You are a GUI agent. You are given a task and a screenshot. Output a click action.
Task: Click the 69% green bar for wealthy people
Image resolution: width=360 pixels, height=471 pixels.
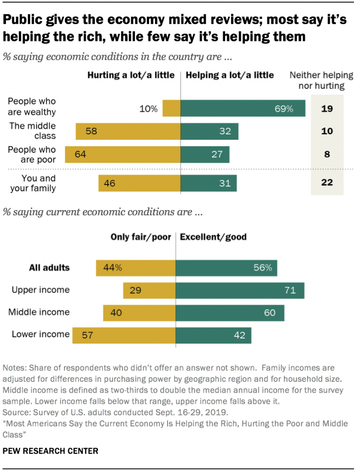coord(243,109)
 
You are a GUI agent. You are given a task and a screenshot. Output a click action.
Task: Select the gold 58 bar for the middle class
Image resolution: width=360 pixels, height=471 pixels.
coord(128,131)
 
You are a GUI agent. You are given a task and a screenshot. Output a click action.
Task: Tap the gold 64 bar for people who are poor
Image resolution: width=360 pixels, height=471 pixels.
coord(123,154)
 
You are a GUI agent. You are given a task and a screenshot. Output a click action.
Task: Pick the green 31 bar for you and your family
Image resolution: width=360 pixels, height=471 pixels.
coord(209,183)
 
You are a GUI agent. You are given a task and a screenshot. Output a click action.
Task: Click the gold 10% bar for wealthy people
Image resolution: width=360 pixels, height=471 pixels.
coord(171,109)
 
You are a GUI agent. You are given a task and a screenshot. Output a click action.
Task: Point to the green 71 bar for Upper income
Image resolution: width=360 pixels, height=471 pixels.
coord(239,290)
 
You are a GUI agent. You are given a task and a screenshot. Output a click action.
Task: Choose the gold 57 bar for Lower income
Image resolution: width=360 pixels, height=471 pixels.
coord(123,335)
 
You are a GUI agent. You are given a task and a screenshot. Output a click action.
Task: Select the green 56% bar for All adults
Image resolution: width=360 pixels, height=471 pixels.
coord(226,268)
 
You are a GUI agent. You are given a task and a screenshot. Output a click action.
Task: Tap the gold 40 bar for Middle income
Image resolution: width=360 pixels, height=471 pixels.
coord(139,313)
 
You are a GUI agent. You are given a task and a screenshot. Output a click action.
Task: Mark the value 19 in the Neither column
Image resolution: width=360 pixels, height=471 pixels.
coord(327,109)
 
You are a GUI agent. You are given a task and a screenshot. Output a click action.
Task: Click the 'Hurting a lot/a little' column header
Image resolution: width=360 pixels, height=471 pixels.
coord(131,75)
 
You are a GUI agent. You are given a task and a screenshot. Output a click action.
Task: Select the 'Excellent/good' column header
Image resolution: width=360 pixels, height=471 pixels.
coord(213,237)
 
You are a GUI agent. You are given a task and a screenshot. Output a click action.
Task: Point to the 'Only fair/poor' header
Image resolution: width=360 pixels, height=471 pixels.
coord(140,237)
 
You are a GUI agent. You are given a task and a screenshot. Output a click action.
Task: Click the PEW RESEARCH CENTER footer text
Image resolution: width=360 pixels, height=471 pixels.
coord(51,451)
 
